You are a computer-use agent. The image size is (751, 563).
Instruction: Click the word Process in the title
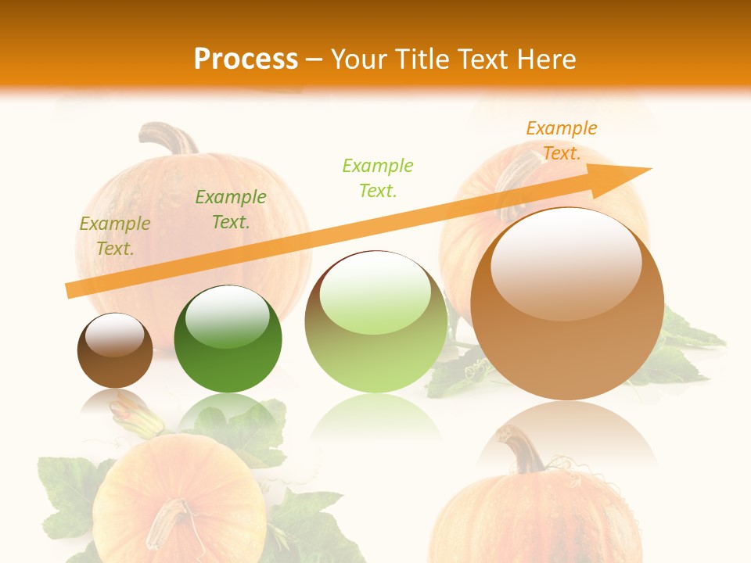246,59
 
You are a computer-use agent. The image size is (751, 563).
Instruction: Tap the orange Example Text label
561,141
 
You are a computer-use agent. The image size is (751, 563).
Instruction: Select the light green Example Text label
378,178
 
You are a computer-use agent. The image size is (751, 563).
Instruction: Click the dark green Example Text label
231,210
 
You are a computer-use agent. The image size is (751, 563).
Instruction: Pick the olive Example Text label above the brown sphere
115,236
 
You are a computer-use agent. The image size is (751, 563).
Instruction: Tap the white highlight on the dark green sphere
228,315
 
